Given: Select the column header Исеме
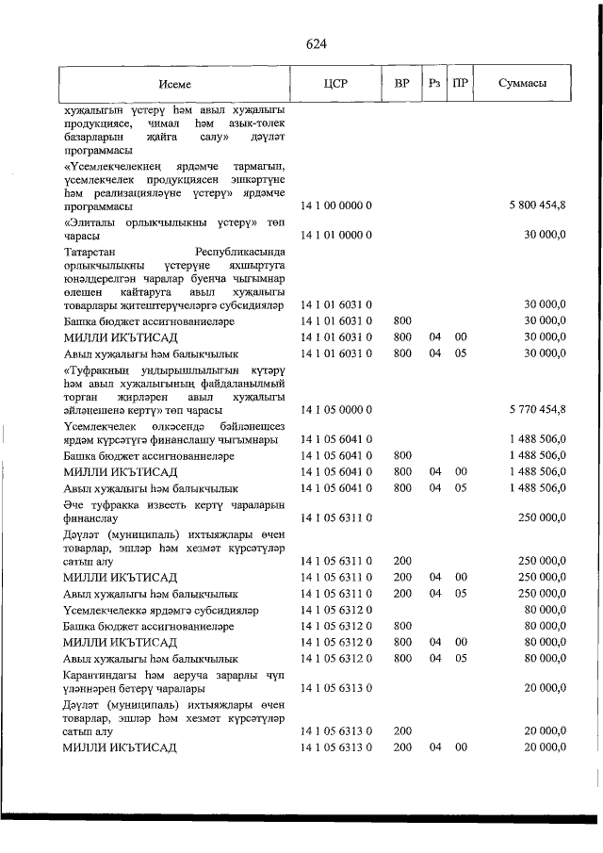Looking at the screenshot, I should coord(174,84).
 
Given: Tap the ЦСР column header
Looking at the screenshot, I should coord(335,84).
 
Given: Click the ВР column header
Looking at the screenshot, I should coord(402,84).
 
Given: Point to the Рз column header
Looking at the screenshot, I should coord(434,84).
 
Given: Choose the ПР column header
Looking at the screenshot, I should coord(461,84).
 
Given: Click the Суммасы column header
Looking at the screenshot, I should coord(523,84).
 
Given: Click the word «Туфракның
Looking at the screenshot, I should coord(98,370).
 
